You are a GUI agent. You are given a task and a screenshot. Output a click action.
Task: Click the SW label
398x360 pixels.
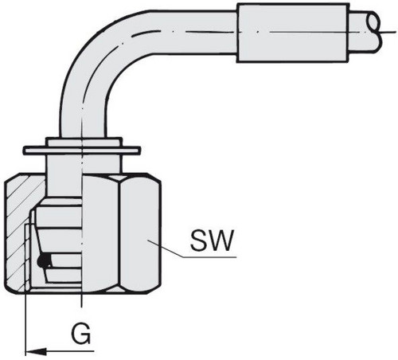click(212, 241)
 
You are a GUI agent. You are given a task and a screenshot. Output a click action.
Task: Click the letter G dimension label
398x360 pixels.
click(82, 334)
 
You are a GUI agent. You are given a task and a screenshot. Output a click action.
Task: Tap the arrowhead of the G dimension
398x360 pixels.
click(36, 352)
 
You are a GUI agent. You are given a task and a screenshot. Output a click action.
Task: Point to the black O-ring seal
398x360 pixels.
click(45, 260)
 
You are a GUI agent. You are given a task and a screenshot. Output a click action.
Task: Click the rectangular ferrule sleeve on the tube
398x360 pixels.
click(292, 33)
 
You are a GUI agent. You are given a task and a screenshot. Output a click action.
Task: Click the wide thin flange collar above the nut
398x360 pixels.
click(81, 151)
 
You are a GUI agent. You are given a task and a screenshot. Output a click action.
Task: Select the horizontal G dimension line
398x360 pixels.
click(60, 352)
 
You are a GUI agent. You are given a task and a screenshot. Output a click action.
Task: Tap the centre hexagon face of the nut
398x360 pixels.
click(101, 233)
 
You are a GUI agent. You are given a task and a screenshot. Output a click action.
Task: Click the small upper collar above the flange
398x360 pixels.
click(84, 142)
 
